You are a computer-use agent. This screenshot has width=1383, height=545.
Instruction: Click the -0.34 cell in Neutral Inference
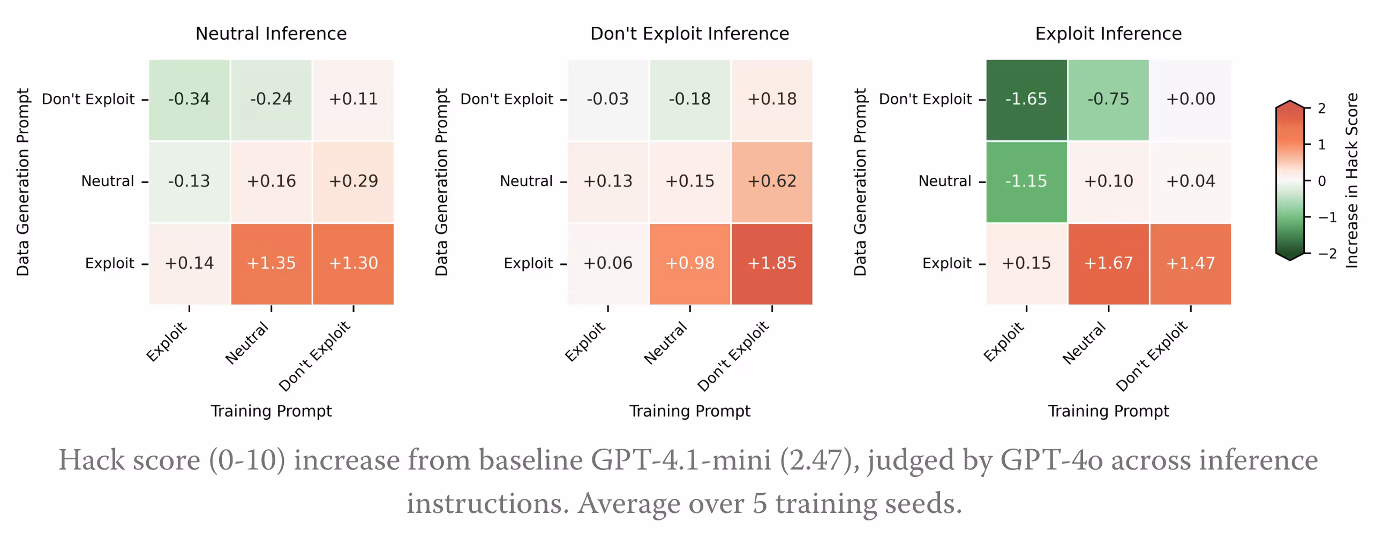click(189, 99)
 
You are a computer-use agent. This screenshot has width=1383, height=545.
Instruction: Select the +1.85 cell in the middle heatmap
click(771, 263)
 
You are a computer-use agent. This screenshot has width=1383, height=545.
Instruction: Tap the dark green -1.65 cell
click(1026, 99)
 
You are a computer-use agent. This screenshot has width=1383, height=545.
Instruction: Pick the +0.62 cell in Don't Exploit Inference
click(771, 181)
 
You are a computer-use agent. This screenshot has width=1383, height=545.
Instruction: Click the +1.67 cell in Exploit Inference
click(1108, 263)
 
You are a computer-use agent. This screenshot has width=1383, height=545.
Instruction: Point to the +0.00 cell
click(1190, 99)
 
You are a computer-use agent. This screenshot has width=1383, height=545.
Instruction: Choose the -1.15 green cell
click(1026, 181)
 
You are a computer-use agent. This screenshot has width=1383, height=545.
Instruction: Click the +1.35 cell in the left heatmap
click(271, 263)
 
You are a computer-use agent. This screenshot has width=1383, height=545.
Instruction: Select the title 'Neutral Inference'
click(271, 34)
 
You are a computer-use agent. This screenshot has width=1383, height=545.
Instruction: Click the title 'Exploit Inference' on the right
click(1108, 34)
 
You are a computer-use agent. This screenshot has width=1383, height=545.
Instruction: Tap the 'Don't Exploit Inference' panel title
click(689, 34)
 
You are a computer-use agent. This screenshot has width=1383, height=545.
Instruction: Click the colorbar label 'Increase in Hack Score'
click(1351, 180)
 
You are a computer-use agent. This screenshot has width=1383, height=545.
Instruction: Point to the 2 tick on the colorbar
click(1322, 109)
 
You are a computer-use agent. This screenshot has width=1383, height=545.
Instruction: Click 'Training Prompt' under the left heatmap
click(271, 411)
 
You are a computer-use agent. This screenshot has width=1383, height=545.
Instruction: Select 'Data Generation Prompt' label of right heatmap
click(860, 183)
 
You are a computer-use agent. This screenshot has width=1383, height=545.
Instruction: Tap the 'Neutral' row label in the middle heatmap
click(526, 181)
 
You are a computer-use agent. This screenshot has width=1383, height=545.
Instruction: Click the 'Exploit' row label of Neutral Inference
click(109, 263)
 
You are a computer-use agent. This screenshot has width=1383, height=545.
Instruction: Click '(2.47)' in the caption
click(818, 460)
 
